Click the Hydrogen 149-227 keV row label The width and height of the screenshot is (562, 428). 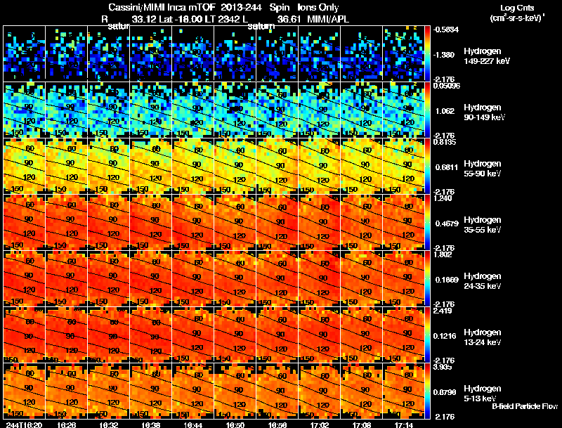pos(485,56)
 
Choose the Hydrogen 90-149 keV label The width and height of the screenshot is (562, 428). pos(485,112)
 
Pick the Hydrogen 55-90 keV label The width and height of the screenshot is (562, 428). pos(485,169)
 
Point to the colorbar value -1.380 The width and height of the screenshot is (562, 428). pos(445,54)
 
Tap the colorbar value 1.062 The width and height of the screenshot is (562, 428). pos(444,110)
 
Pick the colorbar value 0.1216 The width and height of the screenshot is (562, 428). pos(445,335)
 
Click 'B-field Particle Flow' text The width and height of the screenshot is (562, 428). pos(525,406)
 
